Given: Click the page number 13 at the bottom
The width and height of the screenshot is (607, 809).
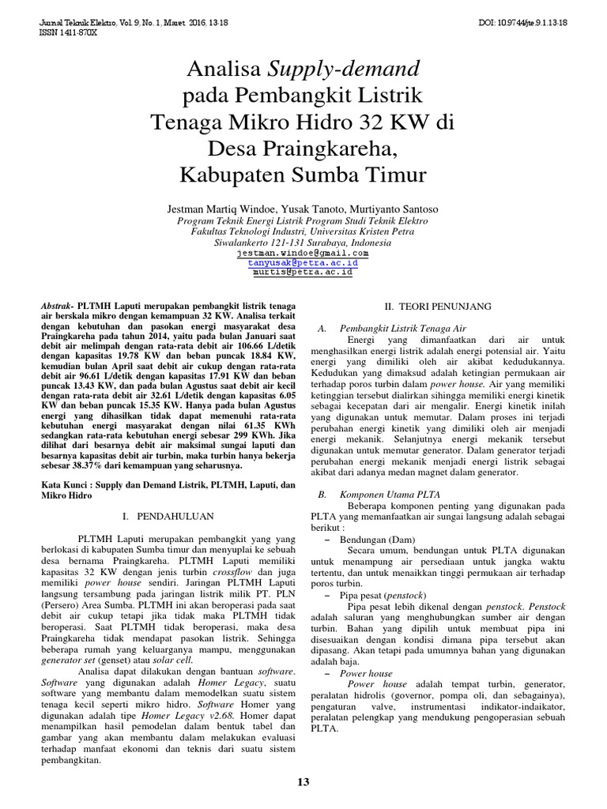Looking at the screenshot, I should (303, 782).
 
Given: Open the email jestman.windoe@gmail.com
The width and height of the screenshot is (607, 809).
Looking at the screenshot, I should (303, 253).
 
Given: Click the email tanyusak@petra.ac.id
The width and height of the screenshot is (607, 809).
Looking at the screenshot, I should (303, 262).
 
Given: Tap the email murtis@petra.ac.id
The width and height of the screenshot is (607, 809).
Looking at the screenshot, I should (303, 272).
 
